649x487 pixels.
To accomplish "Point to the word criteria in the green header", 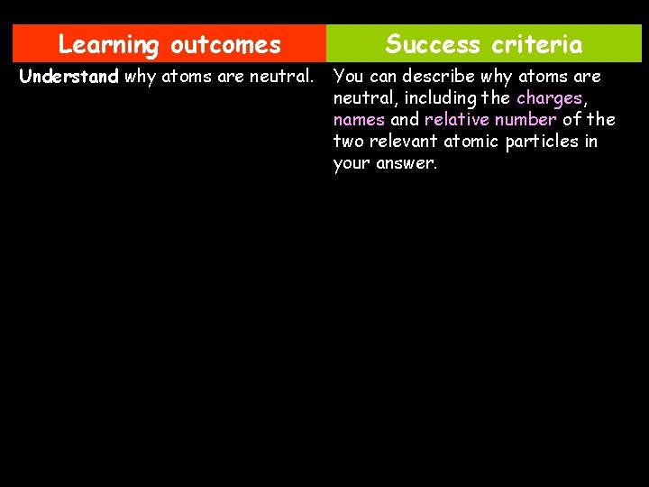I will click(538, 44).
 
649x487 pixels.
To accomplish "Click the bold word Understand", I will click(69, 77).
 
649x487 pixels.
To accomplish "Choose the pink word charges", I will click(549, 98).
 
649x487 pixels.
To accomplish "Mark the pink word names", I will click(359, 120).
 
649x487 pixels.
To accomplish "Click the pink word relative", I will click(455, 120).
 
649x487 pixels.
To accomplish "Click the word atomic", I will click(471, 142).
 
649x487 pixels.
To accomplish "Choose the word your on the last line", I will click(351, 164).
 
